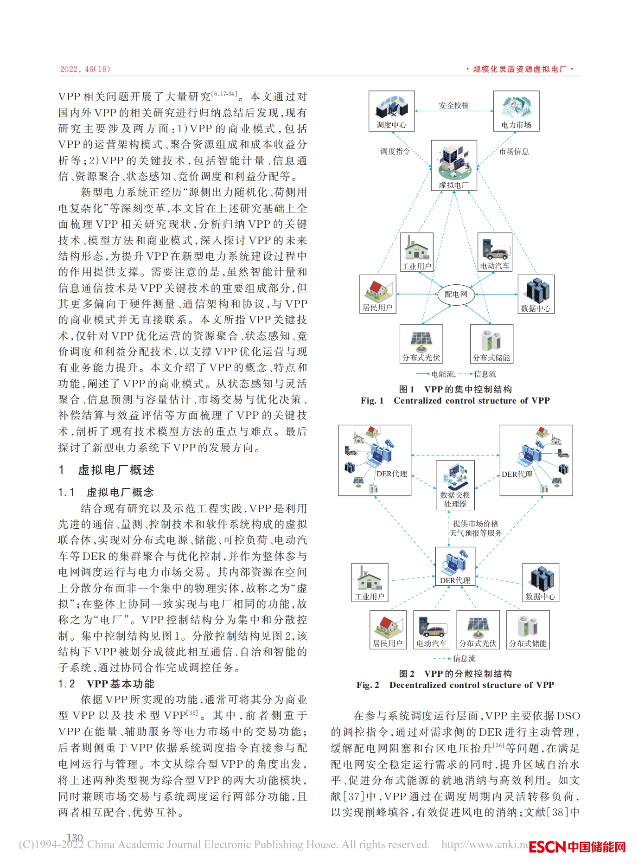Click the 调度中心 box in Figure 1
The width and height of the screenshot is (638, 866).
coord(391,111)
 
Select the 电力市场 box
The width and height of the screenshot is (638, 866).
coord(516,111)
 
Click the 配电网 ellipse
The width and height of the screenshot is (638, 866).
coord(456,294)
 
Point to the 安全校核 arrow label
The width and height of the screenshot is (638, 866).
coord(453,105)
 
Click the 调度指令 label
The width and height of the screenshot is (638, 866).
coord(395,151)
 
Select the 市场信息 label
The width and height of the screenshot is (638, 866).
coord(514,151)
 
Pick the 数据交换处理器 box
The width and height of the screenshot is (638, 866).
coord(455,485)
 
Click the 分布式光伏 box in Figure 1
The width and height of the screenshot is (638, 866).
coord(421,344)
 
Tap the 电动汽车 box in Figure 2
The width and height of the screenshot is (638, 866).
coord(431,629)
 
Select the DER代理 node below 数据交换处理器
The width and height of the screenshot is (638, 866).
coord(455,566)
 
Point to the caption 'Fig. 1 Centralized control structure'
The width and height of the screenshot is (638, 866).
coord(455,401)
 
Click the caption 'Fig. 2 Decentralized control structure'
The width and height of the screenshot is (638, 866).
coord(455,685)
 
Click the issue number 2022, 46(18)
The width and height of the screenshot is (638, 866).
coord(85,69)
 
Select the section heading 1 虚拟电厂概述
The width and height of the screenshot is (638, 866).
coord(107,470)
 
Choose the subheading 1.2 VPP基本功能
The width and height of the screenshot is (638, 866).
coord(107,684)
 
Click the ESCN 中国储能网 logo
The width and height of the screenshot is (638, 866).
coord(577,847)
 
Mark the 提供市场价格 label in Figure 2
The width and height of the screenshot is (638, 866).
coord(475,524)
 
